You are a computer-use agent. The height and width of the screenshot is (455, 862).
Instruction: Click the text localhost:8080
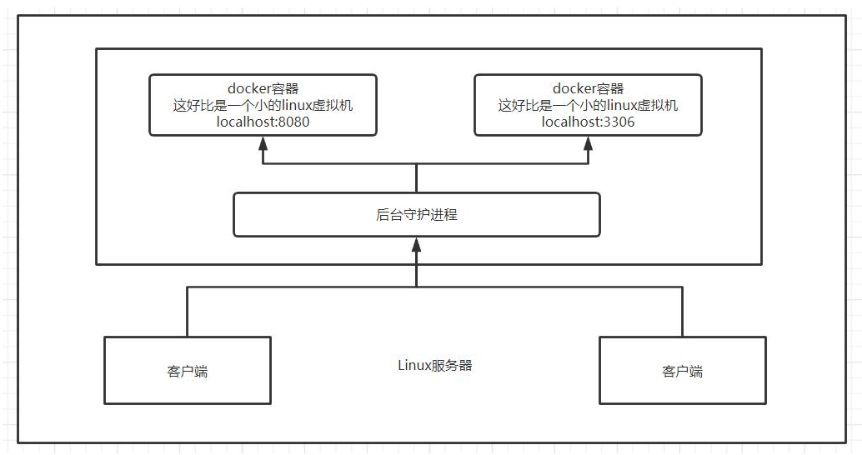pos(263,122)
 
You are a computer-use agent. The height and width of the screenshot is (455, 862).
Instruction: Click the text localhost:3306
pos(588,122)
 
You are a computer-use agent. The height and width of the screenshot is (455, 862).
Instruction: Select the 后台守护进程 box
pos(416,214)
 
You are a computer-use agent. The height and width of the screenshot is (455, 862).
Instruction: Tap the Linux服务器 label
pos(435,365)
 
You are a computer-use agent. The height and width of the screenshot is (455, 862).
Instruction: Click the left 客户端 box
pos(187,371)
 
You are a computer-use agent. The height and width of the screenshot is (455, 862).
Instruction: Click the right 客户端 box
pos(682,371)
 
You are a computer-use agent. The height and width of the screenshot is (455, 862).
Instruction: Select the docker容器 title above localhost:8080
pos(263,88)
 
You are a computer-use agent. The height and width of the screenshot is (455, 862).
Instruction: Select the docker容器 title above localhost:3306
pos(588,88)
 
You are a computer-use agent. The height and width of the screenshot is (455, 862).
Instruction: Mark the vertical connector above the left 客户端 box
pos(187,312)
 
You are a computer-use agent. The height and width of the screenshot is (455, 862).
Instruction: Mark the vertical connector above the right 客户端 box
pos(682,312)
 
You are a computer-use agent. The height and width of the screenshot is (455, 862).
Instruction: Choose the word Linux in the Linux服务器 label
pos(413,365)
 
